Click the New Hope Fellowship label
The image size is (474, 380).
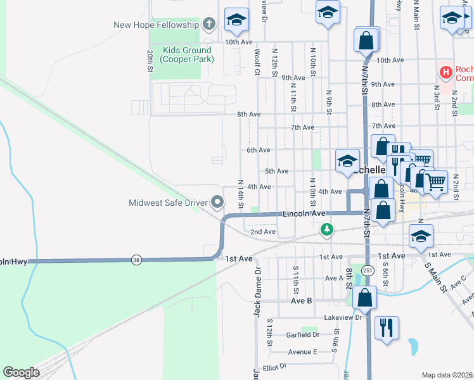155,25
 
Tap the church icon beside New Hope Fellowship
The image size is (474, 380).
210,25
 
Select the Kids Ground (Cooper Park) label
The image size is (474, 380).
187,54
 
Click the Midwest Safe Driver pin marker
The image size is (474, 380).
217,203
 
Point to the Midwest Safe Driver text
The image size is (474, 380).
168,203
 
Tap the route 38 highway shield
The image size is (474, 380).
136,260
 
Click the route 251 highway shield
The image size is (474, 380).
368,270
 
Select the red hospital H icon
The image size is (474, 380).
446,73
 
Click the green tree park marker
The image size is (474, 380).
326,229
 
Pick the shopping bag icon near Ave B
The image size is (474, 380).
366,296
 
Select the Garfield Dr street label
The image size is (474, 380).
302,334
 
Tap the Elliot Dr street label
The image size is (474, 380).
275,366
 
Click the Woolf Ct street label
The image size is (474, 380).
257,61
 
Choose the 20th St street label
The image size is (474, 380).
150,61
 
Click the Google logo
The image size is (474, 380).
21,372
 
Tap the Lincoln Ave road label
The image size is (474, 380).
304,214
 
